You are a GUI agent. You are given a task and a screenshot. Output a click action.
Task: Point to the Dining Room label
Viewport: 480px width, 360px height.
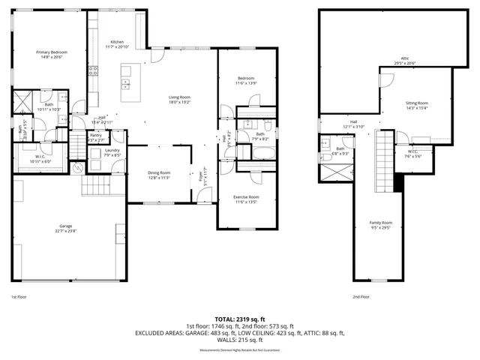(158, 175)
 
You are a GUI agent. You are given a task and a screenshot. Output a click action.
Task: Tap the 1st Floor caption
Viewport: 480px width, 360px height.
(19, 297)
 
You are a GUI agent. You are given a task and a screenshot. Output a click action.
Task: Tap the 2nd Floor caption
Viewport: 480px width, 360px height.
(361, 297)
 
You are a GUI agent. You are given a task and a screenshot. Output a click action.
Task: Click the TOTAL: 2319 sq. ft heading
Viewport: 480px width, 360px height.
(239, 319)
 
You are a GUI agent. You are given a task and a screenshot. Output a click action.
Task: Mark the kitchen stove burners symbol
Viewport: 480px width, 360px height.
(94, 71)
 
